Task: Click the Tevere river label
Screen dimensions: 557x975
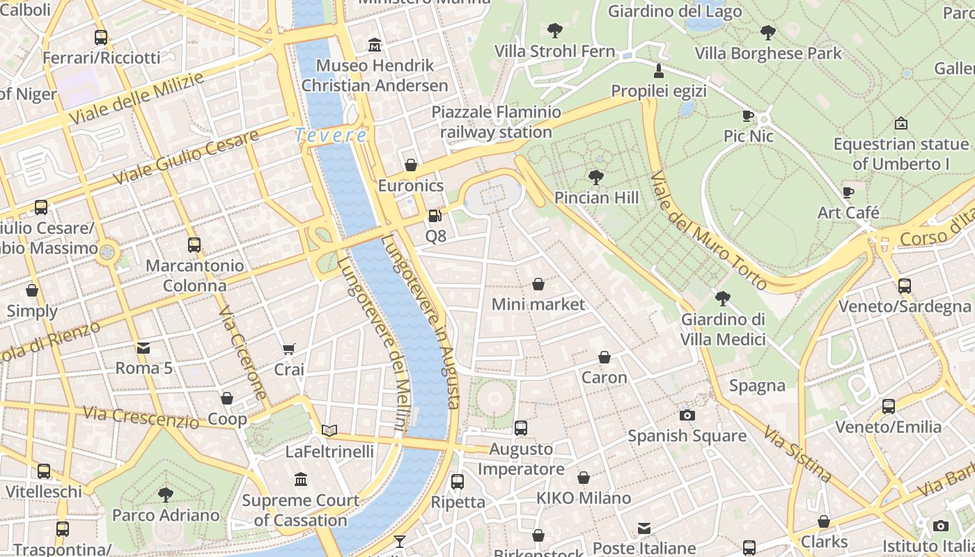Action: pos(331,135)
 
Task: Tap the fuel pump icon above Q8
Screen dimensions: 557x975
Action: pos(435,216)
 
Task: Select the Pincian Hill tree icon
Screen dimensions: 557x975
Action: pos(596,178)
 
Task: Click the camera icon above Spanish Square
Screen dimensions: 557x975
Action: pos(687,415)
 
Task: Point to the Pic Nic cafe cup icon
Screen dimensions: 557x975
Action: pos(749,116)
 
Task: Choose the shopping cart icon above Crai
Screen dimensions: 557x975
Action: pos(289,349)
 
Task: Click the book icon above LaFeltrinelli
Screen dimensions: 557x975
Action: pos(329,431)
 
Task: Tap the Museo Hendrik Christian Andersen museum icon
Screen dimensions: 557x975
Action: pos(375,45)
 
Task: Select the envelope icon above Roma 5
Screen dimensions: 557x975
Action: pos(143,347)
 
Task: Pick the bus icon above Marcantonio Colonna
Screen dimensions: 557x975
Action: pos(194,245)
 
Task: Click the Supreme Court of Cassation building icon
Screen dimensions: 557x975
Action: pos(301,479)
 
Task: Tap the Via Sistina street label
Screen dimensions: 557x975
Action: pos(797,454)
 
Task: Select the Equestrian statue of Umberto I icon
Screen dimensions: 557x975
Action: pos(901,123)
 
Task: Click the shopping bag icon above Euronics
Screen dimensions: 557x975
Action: pos(411,165)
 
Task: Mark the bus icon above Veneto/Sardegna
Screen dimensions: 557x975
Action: pos(905,285)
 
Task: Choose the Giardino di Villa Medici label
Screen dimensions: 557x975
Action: pos(723,329)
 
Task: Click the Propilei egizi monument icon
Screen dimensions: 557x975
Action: pos(659,70)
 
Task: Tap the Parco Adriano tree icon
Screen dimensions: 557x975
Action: pos(166,495)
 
